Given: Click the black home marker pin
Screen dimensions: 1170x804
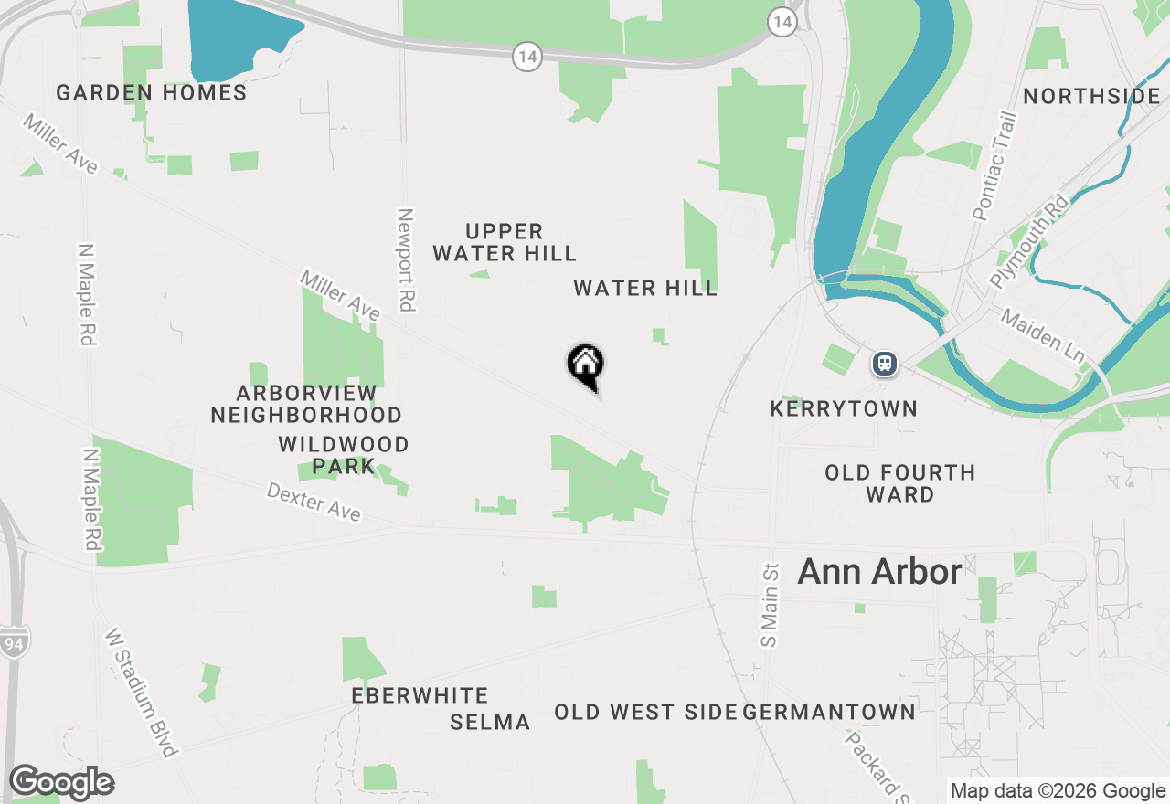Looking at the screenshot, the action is coord(586,365).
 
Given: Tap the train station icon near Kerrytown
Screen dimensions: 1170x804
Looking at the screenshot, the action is coord(884,364).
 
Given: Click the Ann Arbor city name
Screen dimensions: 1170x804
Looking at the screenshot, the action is coord(879,572).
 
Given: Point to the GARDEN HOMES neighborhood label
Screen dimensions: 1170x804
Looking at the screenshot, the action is coord(152,93).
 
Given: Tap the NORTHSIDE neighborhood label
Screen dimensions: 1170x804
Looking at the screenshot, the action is coord(1091,97).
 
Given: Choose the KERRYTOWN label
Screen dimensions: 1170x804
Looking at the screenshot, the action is coord(844,408).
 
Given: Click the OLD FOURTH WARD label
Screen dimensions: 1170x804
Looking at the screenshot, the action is coord(900,483).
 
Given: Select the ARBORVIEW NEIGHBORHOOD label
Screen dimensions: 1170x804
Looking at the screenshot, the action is coord(306,404).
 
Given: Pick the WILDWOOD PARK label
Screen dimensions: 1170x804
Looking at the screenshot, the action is coord(344,455).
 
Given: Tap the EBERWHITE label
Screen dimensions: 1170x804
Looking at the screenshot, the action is coord(420,696).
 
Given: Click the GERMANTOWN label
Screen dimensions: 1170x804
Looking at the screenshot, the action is coord(830,712).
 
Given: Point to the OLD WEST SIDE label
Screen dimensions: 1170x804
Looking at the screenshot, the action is coord(645,712).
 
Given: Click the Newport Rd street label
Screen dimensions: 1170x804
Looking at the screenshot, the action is coord(407,259).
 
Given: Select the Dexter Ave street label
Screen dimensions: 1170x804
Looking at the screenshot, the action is coord(314,503).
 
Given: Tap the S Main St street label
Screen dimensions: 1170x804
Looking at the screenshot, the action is coord(769,605).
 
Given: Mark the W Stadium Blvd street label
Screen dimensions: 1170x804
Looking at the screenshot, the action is coord(141,692).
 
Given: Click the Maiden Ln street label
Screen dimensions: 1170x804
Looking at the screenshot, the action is coord(1041,333).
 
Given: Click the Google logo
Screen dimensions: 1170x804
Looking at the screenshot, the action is coord(61,782).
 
